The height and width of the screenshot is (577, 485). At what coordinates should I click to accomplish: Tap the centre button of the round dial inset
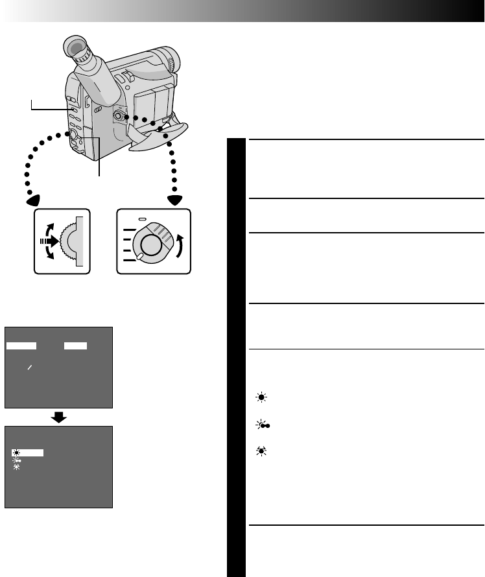click(x=150, y=244)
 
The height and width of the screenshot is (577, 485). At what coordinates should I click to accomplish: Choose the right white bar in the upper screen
click(x=76, y=346)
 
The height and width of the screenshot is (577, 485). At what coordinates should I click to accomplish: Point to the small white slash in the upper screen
click(x=28, y=368)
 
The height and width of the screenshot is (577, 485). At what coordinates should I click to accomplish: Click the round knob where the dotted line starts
click(x=119, y=116)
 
